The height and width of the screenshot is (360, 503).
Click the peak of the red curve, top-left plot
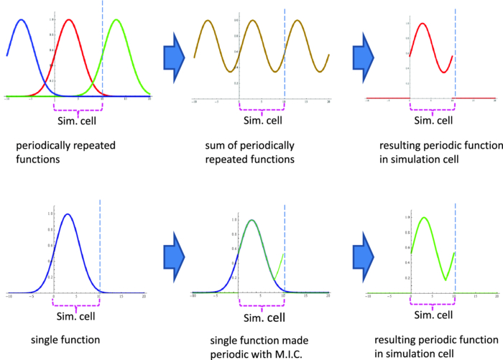(x=69, y=19)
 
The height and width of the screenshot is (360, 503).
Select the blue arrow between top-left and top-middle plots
(x=174, y=55)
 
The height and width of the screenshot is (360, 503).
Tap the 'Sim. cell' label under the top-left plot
(x=78, y=120)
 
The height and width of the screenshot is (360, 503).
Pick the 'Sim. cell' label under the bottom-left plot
(x=77, y=314)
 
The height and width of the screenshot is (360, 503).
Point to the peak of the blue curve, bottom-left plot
(x=68, y=213)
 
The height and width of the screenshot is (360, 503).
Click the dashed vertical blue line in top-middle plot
(x=285, y=50)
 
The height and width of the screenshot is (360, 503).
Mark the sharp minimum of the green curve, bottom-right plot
(x=446, y=280)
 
